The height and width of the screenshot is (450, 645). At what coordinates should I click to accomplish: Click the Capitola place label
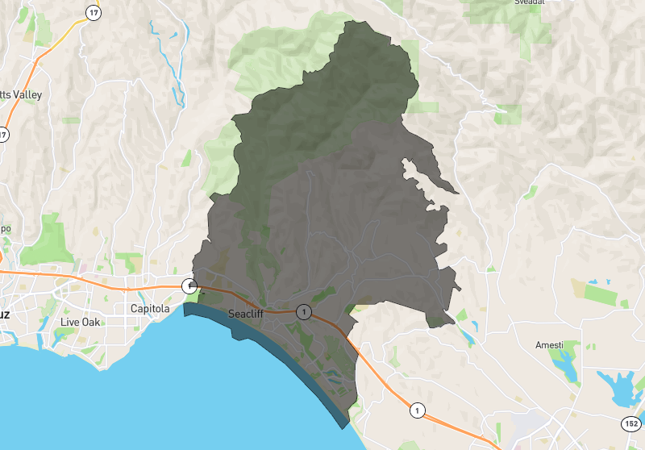click(x=150, y=309)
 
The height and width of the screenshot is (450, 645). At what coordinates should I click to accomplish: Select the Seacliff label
click(x=247, y=314)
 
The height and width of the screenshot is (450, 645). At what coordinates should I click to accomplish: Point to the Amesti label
click(x=550, y=345)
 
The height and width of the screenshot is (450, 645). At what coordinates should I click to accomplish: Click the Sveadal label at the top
click(x=531, y=2)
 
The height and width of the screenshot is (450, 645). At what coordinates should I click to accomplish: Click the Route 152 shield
click(x=631, y=423)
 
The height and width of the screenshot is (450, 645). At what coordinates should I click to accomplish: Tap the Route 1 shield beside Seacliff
click(x=302, y=311)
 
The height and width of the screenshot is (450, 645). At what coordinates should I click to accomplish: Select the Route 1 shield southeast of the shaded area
click(x=416, y=410)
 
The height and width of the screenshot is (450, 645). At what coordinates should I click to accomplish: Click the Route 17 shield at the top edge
click(x=94, y=12)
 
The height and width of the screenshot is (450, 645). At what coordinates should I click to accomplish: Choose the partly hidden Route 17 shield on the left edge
click(x=3, y=135)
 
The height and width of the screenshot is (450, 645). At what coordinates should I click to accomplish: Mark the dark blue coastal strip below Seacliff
click(x=266, y=339)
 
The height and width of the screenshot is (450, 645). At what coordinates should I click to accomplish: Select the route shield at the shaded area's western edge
click(x=189, y=285)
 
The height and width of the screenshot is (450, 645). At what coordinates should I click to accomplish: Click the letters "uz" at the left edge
click(x=4, y=315)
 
